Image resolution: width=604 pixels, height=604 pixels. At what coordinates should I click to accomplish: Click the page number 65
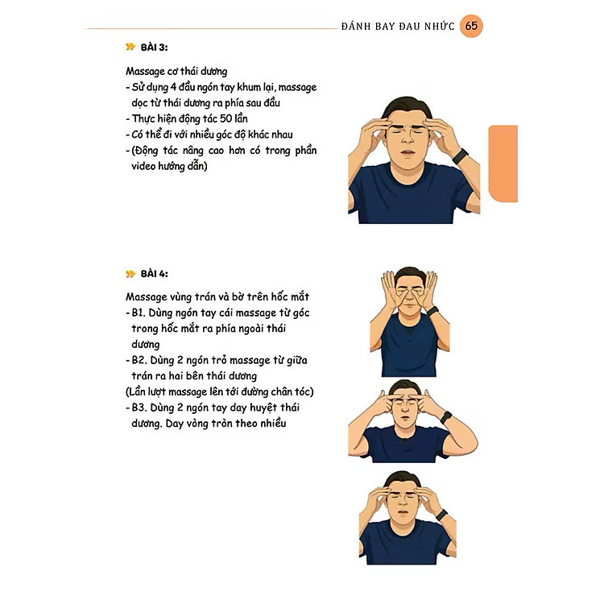[x=471, y=26]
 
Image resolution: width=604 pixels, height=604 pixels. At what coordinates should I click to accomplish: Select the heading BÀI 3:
[x=154, y=48]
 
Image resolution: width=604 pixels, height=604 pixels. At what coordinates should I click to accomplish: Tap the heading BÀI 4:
[x=154, y=274]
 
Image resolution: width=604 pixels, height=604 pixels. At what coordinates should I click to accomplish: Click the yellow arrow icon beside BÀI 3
[x=130, y=47]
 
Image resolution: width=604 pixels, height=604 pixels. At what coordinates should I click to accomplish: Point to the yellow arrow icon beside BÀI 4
[x=130, y=274]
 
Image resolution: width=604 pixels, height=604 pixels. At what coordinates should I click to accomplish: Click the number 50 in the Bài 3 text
[x=225, y=118]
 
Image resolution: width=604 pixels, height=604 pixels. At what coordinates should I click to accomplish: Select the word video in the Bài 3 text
[x=143, y=166]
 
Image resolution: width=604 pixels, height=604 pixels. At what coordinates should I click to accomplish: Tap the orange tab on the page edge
[x=503, y=163]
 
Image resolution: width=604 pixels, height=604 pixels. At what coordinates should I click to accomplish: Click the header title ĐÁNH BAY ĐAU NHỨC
[x=398, y=27]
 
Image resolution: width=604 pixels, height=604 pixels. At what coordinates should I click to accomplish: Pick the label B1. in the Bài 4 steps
[x=139, y=312]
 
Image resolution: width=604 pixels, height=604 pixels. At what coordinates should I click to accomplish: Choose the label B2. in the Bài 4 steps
[x=139, y=360]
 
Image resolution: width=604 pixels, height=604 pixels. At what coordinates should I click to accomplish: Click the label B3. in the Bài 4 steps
[x=139, y=407]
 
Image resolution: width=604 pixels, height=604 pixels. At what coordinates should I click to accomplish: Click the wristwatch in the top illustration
[x=460, y=156]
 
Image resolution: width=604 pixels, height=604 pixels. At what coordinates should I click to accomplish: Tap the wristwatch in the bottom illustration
[x=441, y=515]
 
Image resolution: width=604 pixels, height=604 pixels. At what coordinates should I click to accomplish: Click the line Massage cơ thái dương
[x=176, y=71]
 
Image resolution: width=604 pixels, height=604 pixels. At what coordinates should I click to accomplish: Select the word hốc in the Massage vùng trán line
[x=279, y=296]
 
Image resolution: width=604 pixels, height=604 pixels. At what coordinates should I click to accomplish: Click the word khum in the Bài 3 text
[x=249, y=87]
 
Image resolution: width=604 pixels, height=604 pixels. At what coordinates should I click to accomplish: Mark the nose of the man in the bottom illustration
[x=403, y=503]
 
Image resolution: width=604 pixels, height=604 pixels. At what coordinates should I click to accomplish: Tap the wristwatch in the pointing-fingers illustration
[x=445, y=417]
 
